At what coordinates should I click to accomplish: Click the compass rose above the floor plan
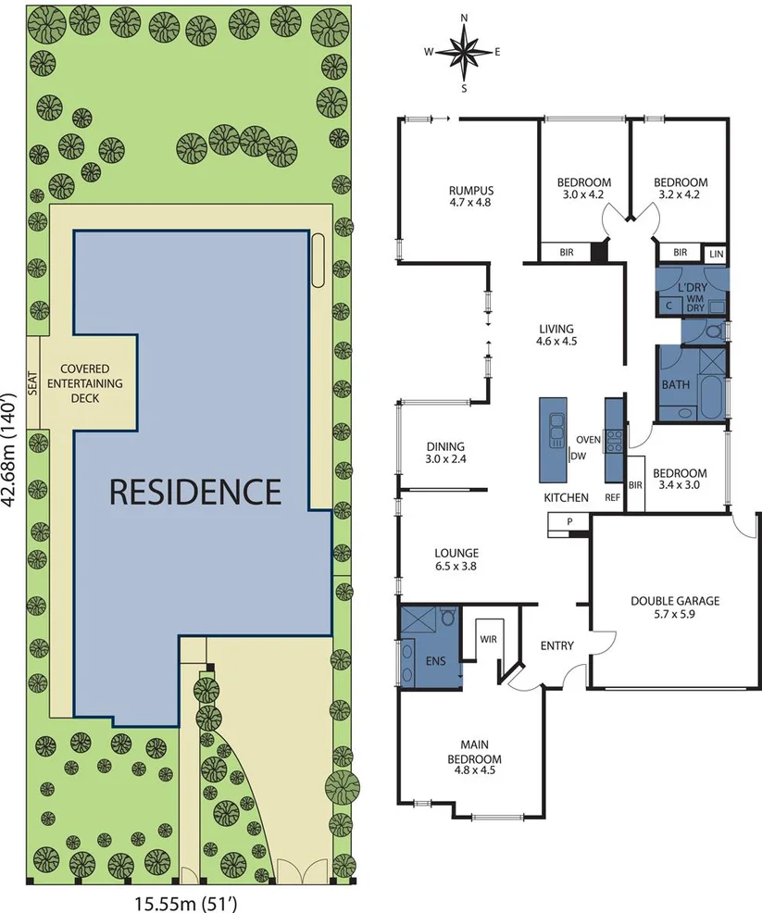(464, 53)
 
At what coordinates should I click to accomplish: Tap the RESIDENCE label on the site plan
(194, 491)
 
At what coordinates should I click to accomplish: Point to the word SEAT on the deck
(33, 381)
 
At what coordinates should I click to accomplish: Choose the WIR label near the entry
(487, 638)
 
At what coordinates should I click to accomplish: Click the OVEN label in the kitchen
(588, 439)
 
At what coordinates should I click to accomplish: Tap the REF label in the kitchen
(612, 497)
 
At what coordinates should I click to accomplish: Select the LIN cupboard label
(716, 253)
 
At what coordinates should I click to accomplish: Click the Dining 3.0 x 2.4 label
(444, 452)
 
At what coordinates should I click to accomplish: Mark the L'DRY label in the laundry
(691, 289)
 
